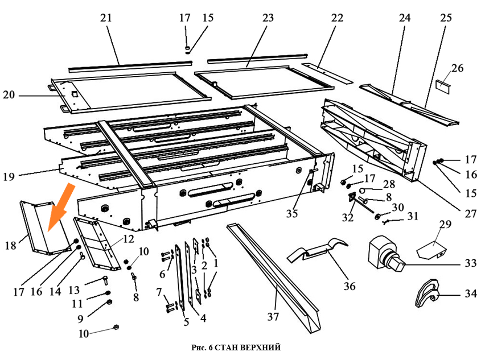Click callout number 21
point(106,18)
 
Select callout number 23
point(268,18)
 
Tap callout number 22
point(337,18)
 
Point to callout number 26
point(457,69)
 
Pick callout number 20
point(9,96)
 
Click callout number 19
point(9,177)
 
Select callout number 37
point(274,317)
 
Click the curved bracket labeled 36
point(316,250)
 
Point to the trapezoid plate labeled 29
point(433,249)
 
